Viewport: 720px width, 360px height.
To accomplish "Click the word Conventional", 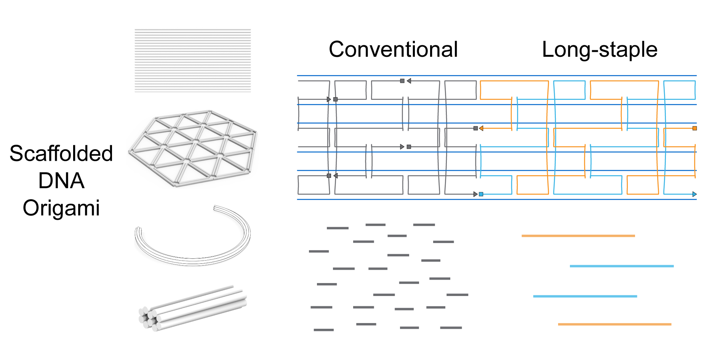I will (393, 50).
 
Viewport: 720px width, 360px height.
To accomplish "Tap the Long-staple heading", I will (600, 50).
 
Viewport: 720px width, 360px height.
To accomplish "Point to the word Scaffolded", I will (61, 154).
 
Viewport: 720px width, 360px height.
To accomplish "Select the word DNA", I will (61, 181).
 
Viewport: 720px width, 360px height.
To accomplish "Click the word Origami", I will (61, 208).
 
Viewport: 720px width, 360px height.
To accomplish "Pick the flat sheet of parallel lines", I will (193, 61).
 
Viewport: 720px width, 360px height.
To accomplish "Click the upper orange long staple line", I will (578, 236).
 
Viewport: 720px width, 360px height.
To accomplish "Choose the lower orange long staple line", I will (614, 324).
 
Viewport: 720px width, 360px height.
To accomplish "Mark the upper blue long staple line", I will (621, 266).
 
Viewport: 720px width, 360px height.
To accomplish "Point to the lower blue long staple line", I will (585, 296).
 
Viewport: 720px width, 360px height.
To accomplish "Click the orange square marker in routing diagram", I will (694, 128).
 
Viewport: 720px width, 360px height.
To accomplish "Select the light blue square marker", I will (481, 194).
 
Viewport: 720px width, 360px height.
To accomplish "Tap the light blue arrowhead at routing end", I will (694, 194).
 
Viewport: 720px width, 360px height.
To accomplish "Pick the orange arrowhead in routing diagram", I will (481, 128).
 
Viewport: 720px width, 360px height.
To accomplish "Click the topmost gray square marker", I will (402, 81).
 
